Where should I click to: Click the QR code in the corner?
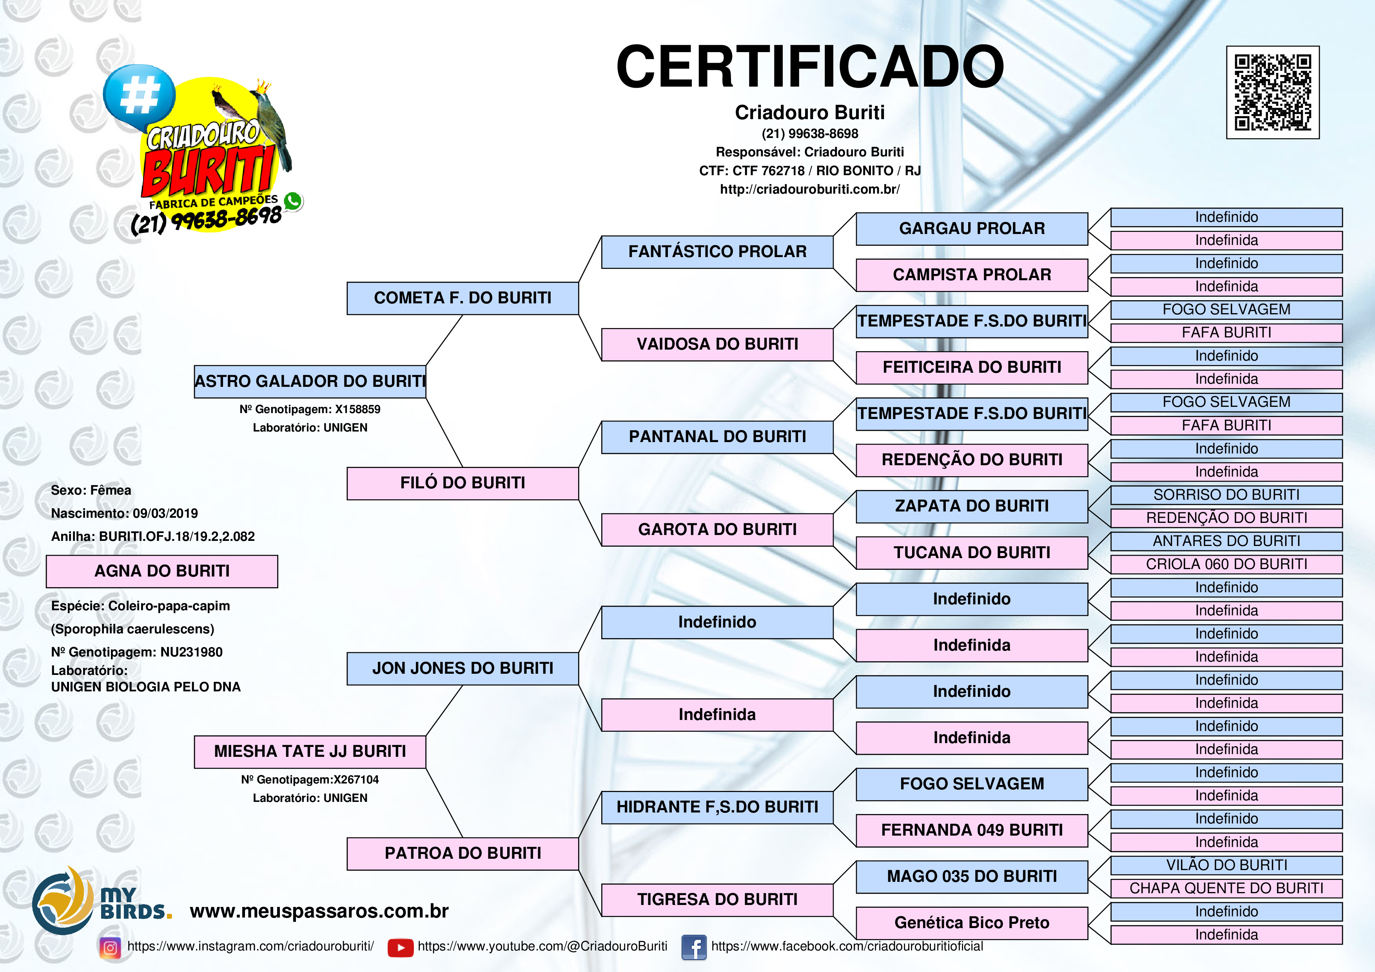point(1273,92)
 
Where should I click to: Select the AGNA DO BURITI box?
point(162,571)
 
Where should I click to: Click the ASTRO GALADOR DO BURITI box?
point(310,381)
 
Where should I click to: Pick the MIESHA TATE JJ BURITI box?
point(310,752)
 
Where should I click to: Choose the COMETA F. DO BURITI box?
point(463,298)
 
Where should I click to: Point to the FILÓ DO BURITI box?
point(463,483)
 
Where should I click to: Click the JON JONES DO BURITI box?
point(463,668)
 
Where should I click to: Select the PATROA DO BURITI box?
point(463,853)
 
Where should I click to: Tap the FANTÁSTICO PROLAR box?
point(717,252)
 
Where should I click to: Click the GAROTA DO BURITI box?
point(717,530)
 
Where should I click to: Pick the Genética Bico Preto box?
point(972,923)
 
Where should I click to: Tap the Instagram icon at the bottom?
point(110,947)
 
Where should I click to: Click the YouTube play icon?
point(401,947)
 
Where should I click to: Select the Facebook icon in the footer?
point(694,947)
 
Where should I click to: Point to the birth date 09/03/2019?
point(165,514)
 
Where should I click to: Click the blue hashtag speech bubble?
point(139,96)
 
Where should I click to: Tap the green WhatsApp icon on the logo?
point(293,201)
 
